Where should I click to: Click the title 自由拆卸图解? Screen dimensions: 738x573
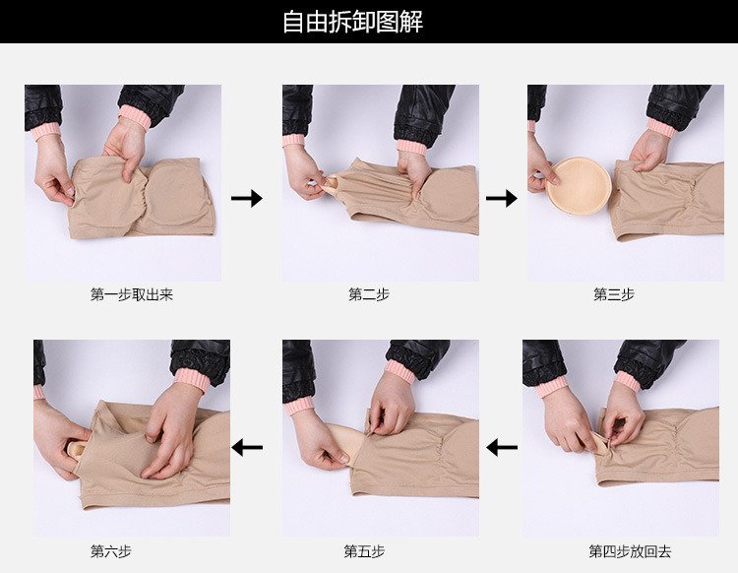352,22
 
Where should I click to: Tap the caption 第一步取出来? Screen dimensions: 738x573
132,294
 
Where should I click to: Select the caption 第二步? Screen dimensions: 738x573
369,294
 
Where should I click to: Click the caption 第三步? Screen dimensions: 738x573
614,294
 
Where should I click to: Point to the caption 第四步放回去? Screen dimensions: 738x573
630,551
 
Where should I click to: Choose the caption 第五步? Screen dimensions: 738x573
364,551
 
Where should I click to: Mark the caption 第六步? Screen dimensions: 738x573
111,551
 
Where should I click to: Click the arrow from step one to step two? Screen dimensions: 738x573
247,198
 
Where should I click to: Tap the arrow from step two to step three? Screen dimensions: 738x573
502,198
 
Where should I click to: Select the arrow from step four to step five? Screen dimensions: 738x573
502,447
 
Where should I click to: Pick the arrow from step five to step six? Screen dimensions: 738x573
247,447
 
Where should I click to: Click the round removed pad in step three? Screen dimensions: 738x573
579,186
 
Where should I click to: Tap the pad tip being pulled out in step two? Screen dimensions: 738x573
332,183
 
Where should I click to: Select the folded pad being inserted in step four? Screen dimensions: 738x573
599,443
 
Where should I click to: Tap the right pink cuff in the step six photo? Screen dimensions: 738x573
192,380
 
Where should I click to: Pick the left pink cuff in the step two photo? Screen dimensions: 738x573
293,141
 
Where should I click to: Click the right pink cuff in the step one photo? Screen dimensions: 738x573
135,117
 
